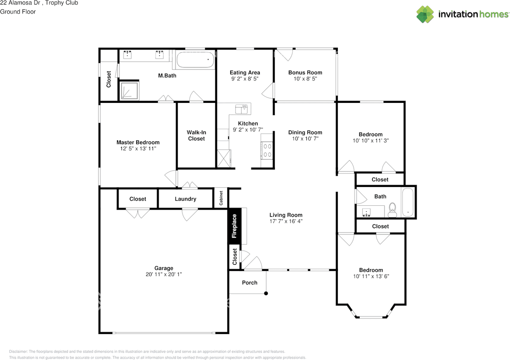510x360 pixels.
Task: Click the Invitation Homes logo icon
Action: [x=425, y=14]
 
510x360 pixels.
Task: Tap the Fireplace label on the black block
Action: [x=234, y=226]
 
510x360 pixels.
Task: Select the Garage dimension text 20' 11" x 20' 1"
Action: [x=164, y=274]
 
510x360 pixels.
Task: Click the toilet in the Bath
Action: [x=392, y=210]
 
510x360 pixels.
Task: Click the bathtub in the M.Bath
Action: [x=195, y=60]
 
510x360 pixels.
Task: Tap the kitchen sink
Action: [x=241, y=108]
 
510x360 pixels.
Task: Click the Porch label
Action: [x=250, y=283]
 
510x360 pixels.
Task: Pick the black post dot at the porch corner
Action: [x=266, y=294]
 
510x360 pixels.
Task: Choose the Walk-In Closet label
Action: [x=196, y=136]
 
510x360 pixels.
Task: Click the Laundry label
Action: [x=185, y=199]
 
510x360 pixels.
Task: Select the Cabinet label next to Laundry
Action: [x=221, y=197]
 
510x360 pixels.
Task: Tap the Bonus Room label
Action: [x=305, y=73]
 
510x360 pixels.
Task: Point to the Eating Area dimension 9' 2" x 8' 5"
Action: [x=245, y=79]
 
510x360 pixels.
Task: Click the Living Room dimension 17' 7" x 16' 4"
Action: [x=286, y=221]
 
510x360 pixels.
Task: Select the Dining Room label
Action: [x=305, y=132]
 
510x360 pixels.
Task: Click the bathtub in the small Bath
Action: [x=408, y=202]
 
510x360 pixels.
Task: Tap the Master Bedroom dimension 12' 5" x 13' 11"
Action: [x=138, y=149]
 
